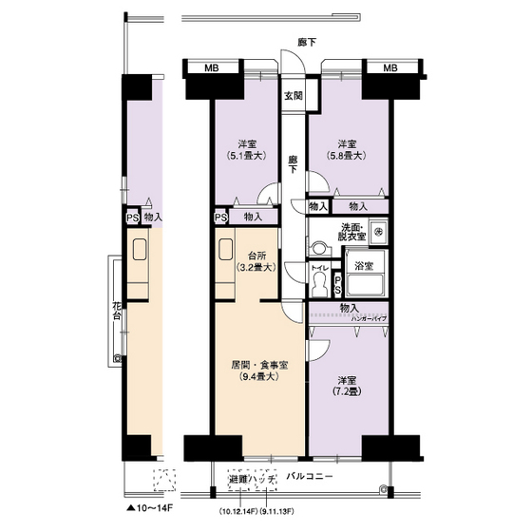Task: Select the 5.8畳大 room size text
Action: [x=347, y=155]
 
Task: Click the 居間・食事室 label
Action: [x=258, y=364]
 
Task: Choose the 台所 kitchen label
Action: [x=256, y=256]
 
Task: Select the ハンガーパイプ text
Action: [x=367, y=318]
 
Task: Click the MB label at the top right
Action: [x=389, y=69]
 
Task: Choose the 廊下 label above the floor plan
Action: [x=306, y=42]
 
